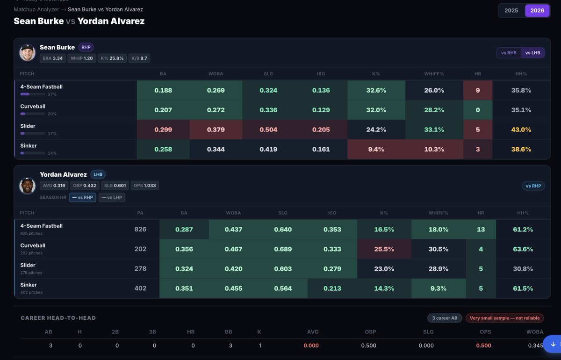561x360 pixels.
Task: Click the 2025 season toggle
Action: coord(511,11)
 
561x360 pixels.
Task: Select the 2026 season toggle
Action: coord(537,11)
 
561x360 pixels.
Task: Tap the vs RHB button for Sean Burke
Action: coord(509,53)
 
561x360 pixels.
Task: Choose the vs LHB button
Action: coord(532,53)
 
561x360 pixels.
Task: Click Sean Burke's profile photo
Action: coord(27,53)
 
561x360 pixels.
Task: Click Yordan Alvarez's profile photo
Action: coord(27,186)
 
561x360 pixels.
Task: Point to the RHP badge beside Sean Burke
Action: coord(86,47)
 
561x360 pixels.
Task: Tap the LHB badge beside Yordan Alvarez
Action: coord(98,174)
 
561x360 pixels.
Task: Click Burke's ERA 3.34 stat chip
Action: coord(52,58)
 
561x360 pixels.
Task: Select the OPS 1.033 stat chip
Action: coord(145,186)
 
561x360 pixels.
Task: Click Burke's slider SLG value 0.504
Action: coord(268,130)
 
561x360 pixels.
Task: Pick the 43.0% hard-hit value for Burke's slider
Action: coord(521,130)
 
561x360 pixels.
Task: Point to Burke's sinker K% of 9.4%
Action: coord(376,149)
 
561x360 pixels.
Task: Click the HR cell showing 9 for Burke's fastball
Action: coord(478,90)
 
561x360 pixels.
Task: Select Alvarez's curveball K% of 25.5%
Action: coord(384,249)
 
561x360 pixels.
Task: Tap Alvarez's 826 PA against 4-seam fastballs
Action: coord(140,229)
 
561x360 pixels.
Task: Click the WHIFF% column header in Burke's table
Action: coord(434,74)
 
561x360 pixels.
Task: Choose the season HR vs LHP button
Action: coord(112,197)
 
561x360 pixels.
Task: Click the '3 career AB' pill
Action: coord(445,318)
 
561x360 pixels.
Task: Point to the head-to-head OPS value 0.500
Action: coord(483,346)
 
